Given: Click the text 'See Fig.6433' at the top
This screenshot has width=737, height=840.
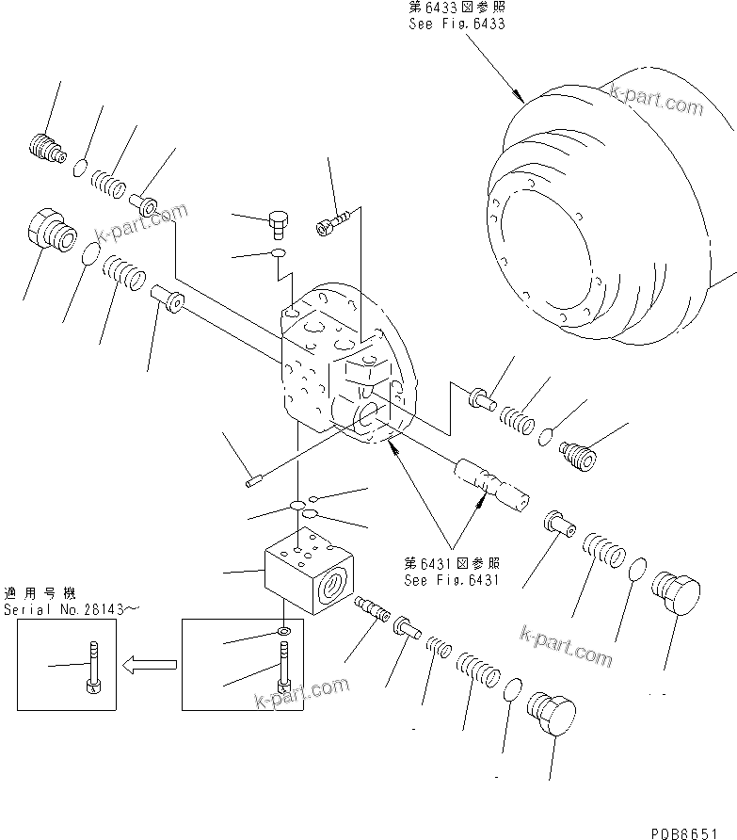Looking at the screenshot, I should (x=457, y=24).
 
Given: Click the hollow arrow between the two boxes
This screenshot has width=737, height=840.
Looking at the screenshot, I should (x=152, y=664).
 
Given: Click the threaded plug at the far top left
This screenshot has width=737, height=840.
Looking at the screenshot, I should (x=42, y=147).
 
